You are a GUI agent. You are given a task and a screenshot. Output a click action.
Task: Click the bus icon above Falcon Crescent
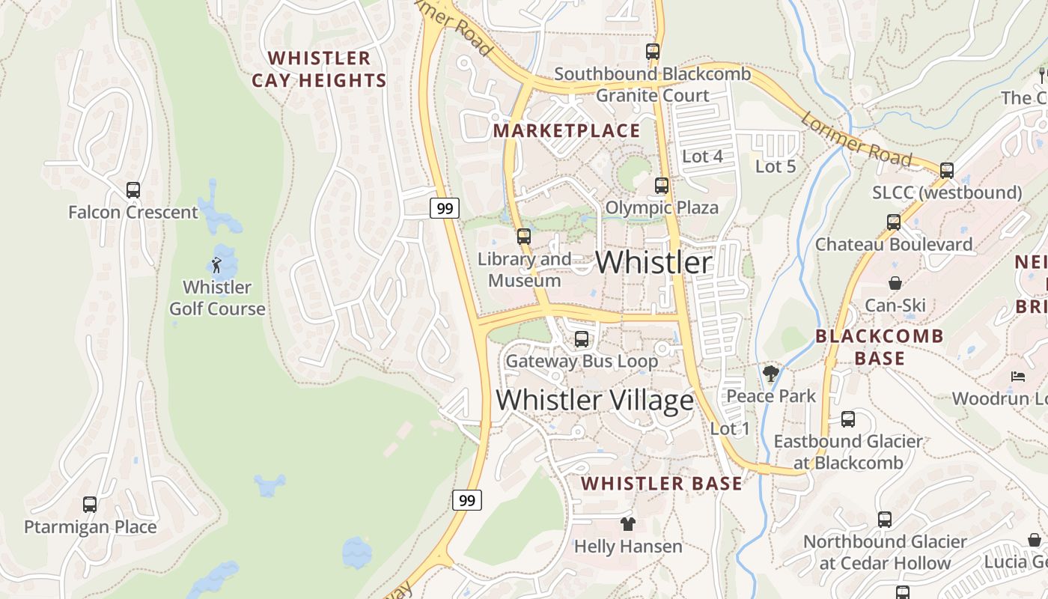(x=133, y=190)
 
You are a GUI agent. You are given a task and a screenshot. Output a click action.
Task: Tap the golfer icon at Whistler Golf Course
(x=216, y=264)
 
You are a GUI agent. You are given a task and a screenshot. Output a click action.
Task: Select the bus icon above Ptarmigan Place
(x=90, y=505)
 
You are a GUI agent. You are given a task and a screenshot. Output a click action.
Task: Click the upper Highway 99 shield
(x=445, y=208)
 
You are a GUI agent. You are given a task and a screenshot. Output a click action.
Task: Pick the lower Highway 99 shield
(x=467, y=500)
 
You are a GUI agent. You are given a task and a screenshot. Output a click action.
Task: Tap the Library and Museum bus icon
(x=523, y=237)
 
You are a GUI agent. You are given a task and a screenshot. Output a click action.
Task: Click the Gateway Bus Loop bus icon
(x=582, y=339)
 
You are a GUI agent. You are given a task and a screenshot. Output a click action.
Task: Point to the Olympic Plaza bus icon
(x=662, y=186)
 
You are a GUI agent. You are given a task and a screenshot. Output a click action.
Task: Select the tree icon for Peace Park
(x=770, y=374)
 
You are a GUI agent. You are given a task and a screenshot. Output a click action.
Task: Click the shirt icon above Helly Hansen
(x=628, y=524)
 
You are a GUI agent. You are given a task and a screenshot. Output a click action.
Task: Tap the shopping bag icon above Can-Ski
(x=895, y=283)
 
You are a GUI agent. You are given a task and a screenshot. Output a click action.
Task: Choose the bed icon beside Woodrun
(x=1018, y=376)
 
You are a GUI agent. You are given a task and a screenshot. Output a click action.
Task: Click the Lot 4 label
(x=703, y=156)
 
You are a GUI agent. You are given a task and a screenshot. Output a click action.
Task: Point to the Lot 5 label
(x=776, y=166)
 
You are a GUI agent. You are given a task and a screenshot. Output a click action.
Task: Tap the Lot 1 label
(x=730, y=429)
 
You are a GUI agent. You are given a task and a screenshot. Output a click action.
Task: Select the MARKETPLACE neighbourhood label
(x=567, y=131)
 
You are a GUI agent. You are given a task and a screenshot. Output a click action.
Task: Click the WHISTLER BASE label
(x=662, y=484)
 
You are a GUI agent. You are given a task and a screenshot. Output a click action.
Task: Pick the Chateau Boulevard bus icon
(x=894, y=222)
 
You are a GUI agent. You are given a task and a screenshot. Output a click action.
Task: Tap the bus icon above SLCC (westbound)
(x=947, y=171)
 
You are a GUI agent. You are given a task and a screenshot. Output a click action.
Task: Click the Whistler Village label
(x=594, y=401)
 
